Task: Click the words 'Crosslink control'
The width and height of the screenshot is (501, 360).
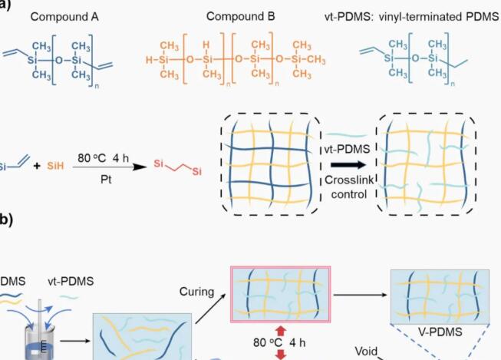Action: pyautogui.click(x=347, y=185)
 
